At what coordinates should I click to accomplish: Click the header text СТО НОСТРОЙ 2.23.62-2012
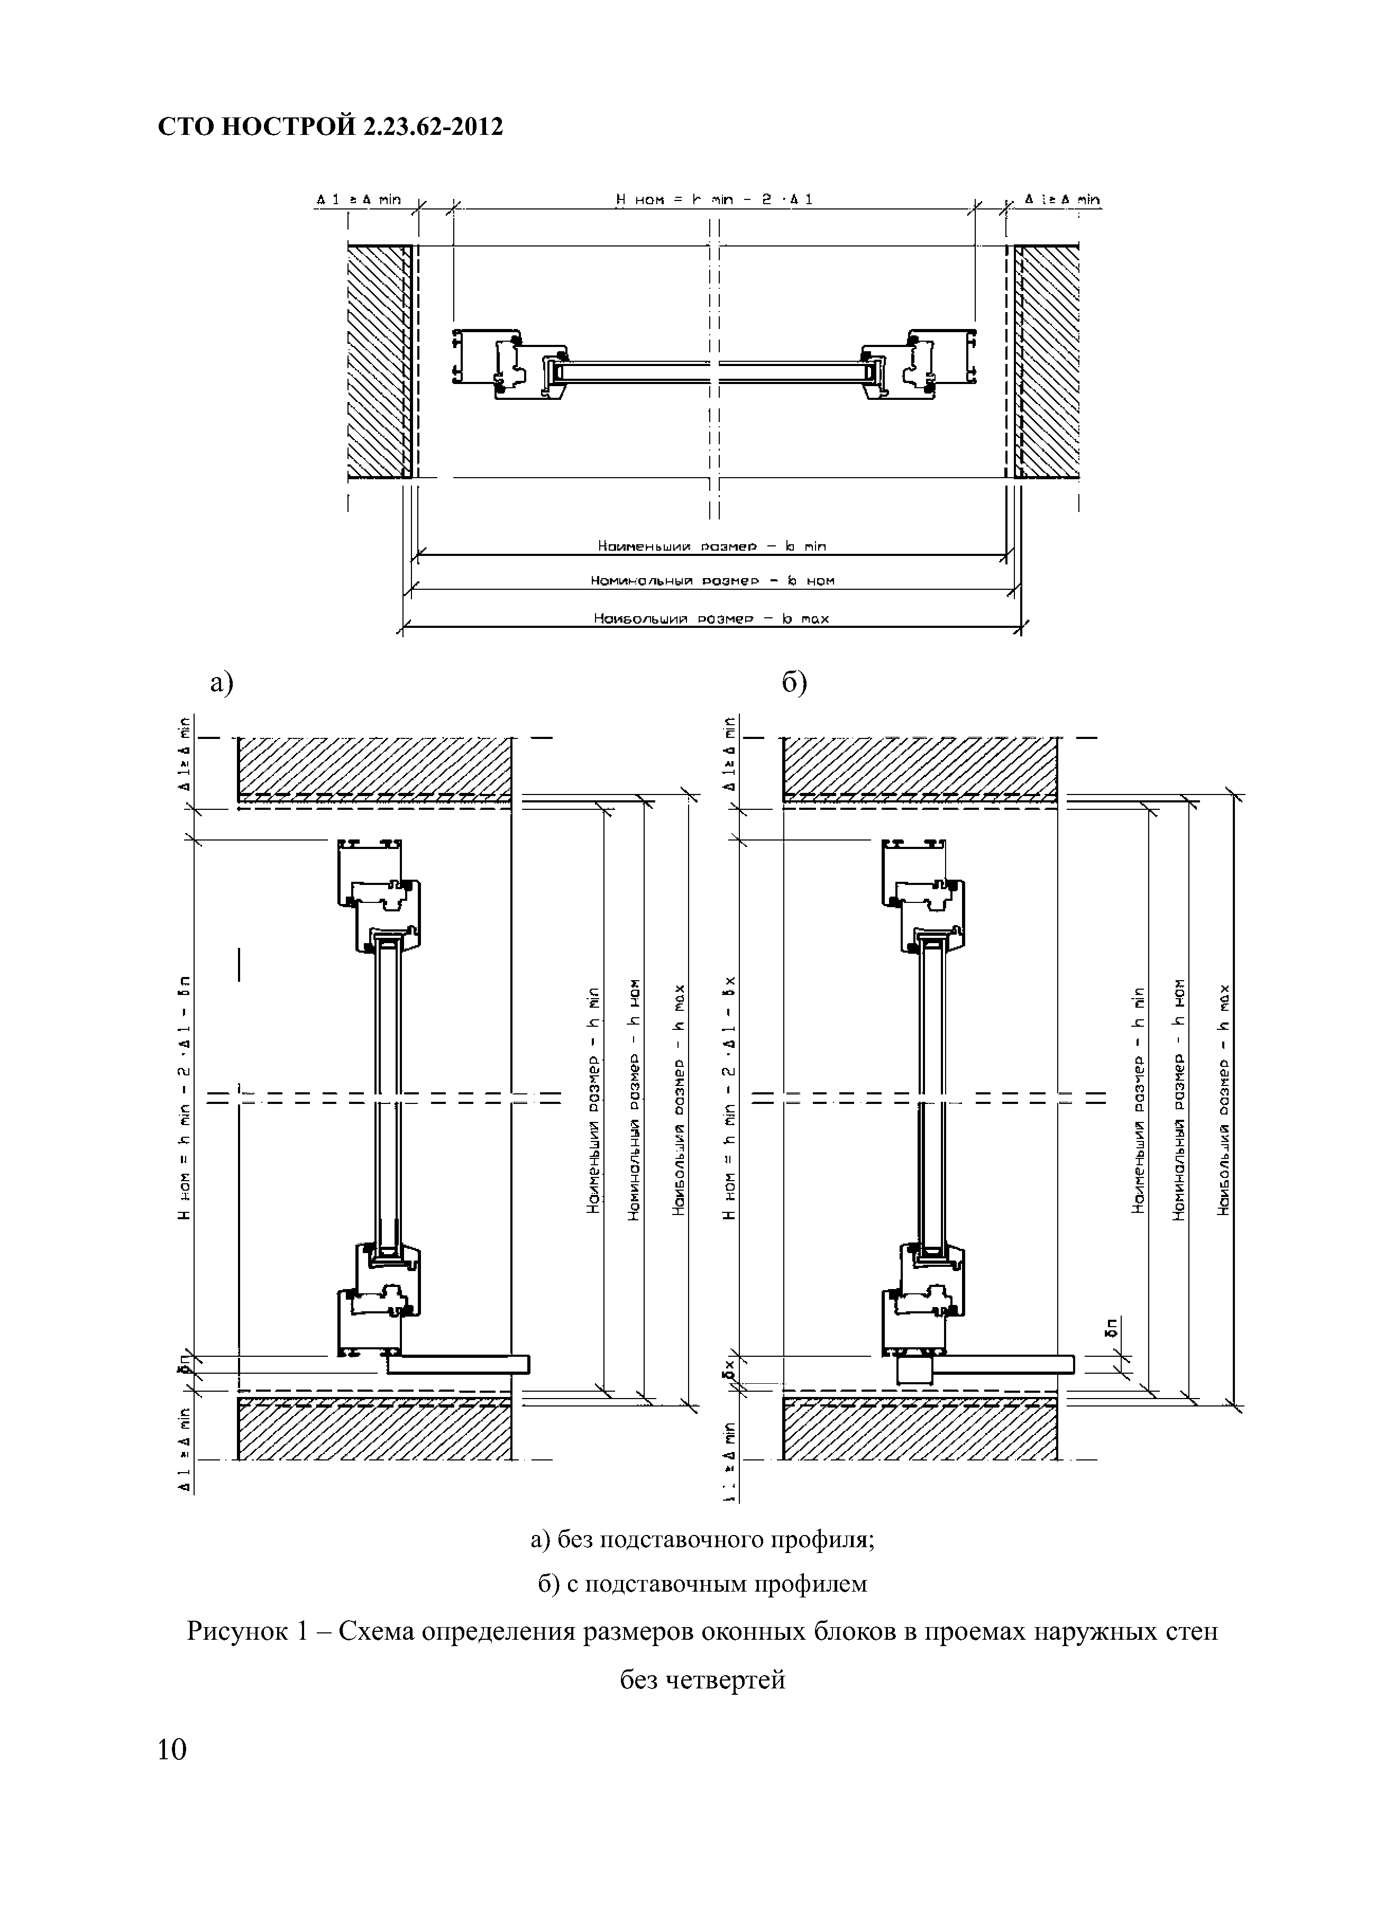pyautogui.click(x=331, y=127)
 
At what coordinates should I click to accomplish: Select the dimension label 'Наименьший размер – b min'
pyautogui.click(x=711, y=546)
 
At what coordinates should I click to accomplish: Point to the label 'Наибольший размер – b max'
pyautogui.click(x=711, y=618)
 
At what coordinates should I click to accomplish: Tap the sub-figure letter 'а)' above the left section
pyautogui.click(x=222, y=682)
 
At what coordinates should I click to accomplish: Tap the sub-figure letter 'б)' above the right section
pyautogui.click(x=794, y=682)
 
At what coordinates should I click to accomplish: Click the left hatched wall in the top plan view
pyautogui.click(x=378, y=362)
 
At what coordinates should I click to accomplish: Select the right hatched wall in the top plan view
pyautogui.click(x=1048, y=362)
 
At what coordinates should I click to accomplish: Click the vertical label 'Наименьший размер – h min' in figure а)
pyautogui.click(x=593, y=1099)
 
